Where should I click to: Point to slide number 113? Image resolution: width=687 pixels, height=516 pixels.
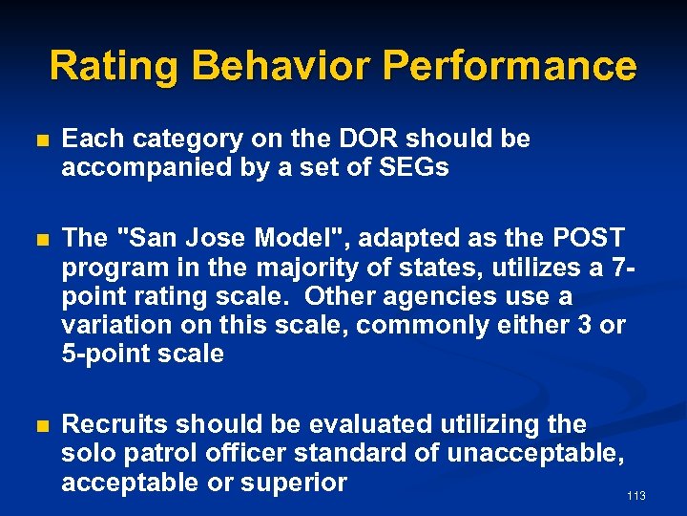[x=635, y=496]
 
